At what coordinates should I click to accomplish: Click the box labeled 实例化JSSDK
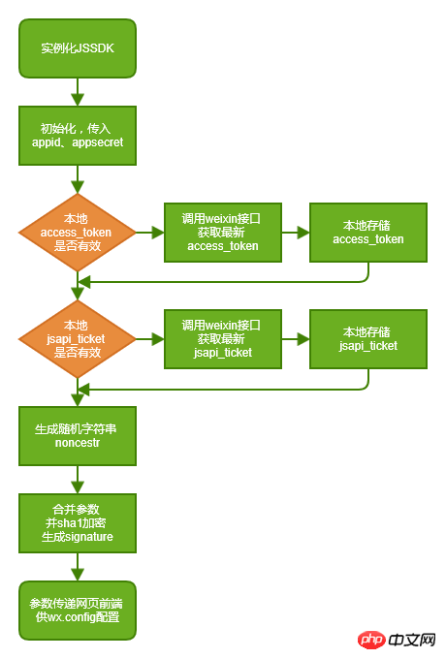pyautogui.click(x=78, y=47)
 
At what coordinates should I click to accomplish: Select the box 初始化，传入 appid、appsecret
pyautogui.click(x=78, y=136)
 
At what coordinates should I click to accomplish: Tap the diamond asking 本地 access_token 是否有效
pyautogui.click(x=78, y=233)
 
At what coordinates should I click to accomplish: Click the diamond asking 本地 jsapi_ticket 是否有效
pyautogui.click(x=78, y=339)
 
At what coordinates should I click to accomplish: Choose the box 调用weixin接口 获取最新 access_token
pyautogui.click(x=223, y=233)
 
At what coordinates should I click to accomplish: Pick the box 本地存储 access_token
pyautogui.click(x=368, y=233)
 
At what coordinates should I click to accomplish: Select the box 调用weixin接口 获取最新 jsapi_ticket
pyautogui.click(x=223, y=339)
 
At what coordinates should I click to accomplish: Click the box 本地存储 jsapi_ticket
pyautogui.click(x=368, y=339)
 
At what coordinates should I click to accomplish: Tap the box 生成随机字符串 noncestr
pyautogui.click(x=78, y=436)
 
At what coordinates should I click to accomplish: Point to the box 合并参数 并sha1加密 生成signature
pyautogui.click(x=78, y=523)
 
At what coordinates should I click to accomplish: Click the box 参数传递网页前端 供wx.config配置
pyautogui.click(x=78, y=611)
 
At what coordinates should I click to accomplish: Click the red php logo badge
pyautogui.click(x=371, y=640)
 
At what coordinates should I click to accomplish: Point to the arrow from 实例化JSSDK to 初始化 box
pyautogui.click(x=78, y=92)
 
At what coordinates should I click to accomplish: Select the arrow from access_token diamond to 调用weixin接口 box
pyautogui.click(x=150, y=233)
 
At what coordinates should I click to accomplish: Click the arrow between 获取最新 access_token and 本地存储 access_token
pyautogui.click(x=296, y=233)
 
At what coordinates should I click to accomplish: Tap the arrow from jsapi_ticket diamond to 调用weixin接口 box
pyautogui.click(x=150, y=339)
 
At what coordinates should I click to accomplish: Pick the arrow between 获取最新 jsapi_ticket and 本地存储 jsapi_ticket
pyautogui.click(x=296, y=339)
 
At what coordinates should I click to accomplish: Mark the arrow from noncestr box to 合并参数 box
pyautogui.click(x=78, y=480)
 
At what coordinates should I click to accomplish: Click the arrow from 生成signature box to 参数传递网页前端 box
pyautogui.click(x=78, y=567)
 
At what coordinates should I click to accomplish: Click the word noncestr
pyautogui.click(x=78, y=443)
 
